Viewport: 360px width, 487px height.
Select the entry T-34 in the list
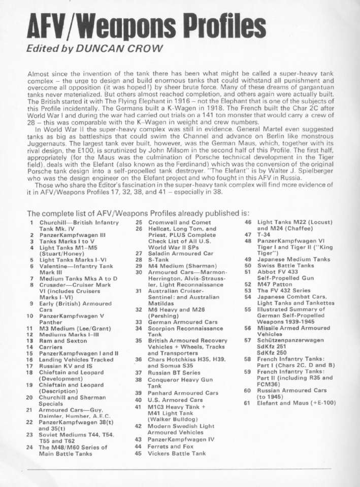coord(265,235)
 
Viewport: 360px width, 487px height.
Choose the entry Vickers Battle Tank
coord(177,454)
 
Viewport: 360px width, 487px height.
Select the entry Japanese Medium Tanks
coord(293,259)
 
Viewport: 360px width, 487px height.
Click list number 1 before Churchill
coord(31,222)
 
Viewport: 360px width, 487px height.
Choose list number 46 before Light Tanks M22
coord(248,222)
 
